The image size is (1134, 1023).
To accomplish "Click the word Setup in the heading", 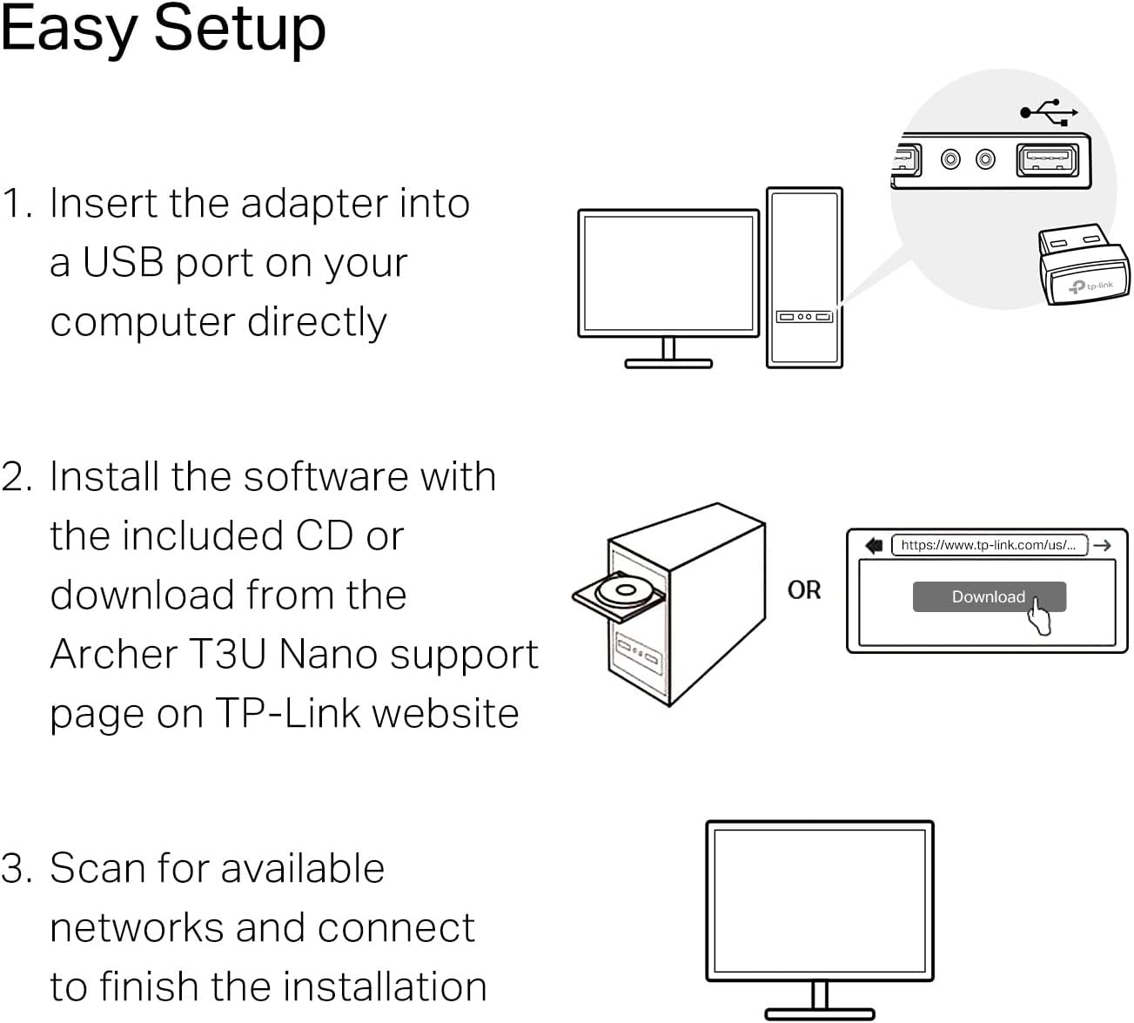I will (239, 30).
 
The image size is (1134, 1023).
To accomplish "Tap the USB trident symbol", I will (1049, 111).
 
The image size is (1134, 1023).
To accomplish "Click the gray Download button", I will (988, 596).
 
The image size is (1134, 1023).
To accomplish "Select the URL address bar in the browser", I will (989, 545).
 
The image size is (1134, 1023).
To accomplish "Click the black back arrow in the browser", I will (874, 545).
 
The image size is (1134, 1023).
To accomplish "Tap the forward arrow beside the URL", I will (1103, 545).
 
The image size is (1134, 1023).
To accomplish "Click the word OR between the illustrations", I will (803, 590).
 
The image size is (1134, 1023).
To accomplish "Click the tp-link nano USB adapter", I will (1083, 265).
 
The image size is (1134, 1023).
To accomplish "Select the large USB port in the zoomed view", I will (1047, 161).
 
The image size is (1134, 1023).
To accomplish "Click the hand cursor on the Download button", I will (1038, 616).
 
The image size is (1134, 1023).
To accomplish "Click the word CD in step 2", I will (324, 536).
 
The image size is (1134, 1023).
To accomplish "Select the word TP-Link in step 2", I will (288, 714).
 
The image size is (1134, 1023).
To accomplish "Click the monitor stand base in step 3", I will (819, 1013).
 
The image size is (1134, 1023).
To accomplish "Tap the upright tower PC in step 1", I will (804, 277).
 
